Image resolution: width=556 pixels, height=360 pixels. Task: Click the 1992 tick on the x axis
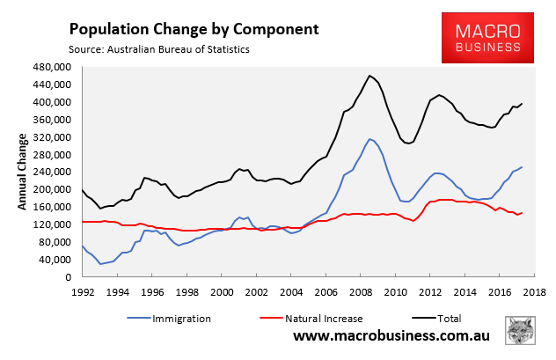pyautogui.click(x=82, y=291)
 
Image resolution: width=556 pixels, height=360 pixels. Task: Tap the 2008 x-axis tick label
pyautogui.click(x=358, y=291)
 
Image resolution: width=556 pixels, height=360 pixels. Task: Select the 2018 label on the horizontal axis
pyautogui.click(x=530, y=291)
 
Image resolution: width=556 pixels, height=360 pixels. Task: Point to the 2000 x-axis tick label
pyautogui.click(x=220, y=291)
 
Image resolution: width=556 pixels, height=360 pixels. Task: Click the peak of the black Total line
pyautogui.click(x=369, y=76)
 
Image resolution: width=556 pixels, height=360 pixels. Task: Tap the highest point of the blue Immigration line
pyautogui.click(x=369, y=138)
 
